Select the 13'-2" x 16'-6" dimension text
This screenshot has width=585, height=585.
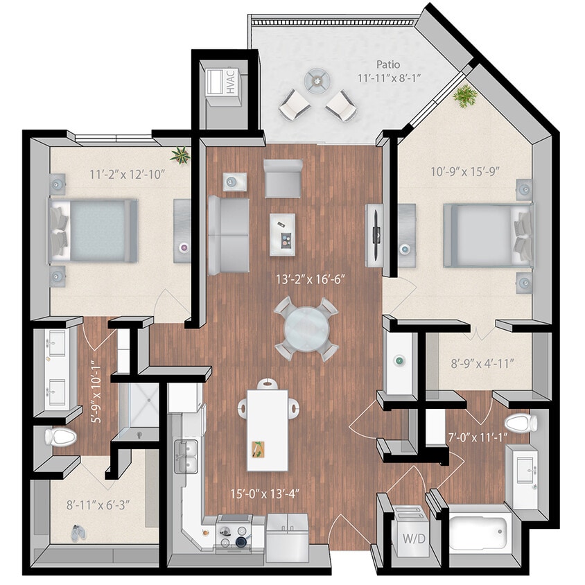pyautogui.click(x=310, y=281)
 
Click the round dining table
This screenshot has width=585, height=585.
pyautogui.click(x=305, y=329)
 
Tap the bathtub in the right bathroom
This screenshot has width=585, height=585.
pyautogui.click(x=478, y=532)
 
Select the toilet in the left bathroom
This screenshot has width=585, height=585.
pyautogui.click(x=59, y=437)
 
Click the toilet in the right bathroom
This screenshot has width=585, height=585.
pyautogui.click(x=521, y=422)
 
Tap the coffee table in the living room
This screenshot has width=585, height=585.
pyautogui.click(x=282, y=234)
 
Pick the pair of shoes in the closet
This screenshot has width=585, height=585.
pyautogui.click(x=78, y=532)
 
